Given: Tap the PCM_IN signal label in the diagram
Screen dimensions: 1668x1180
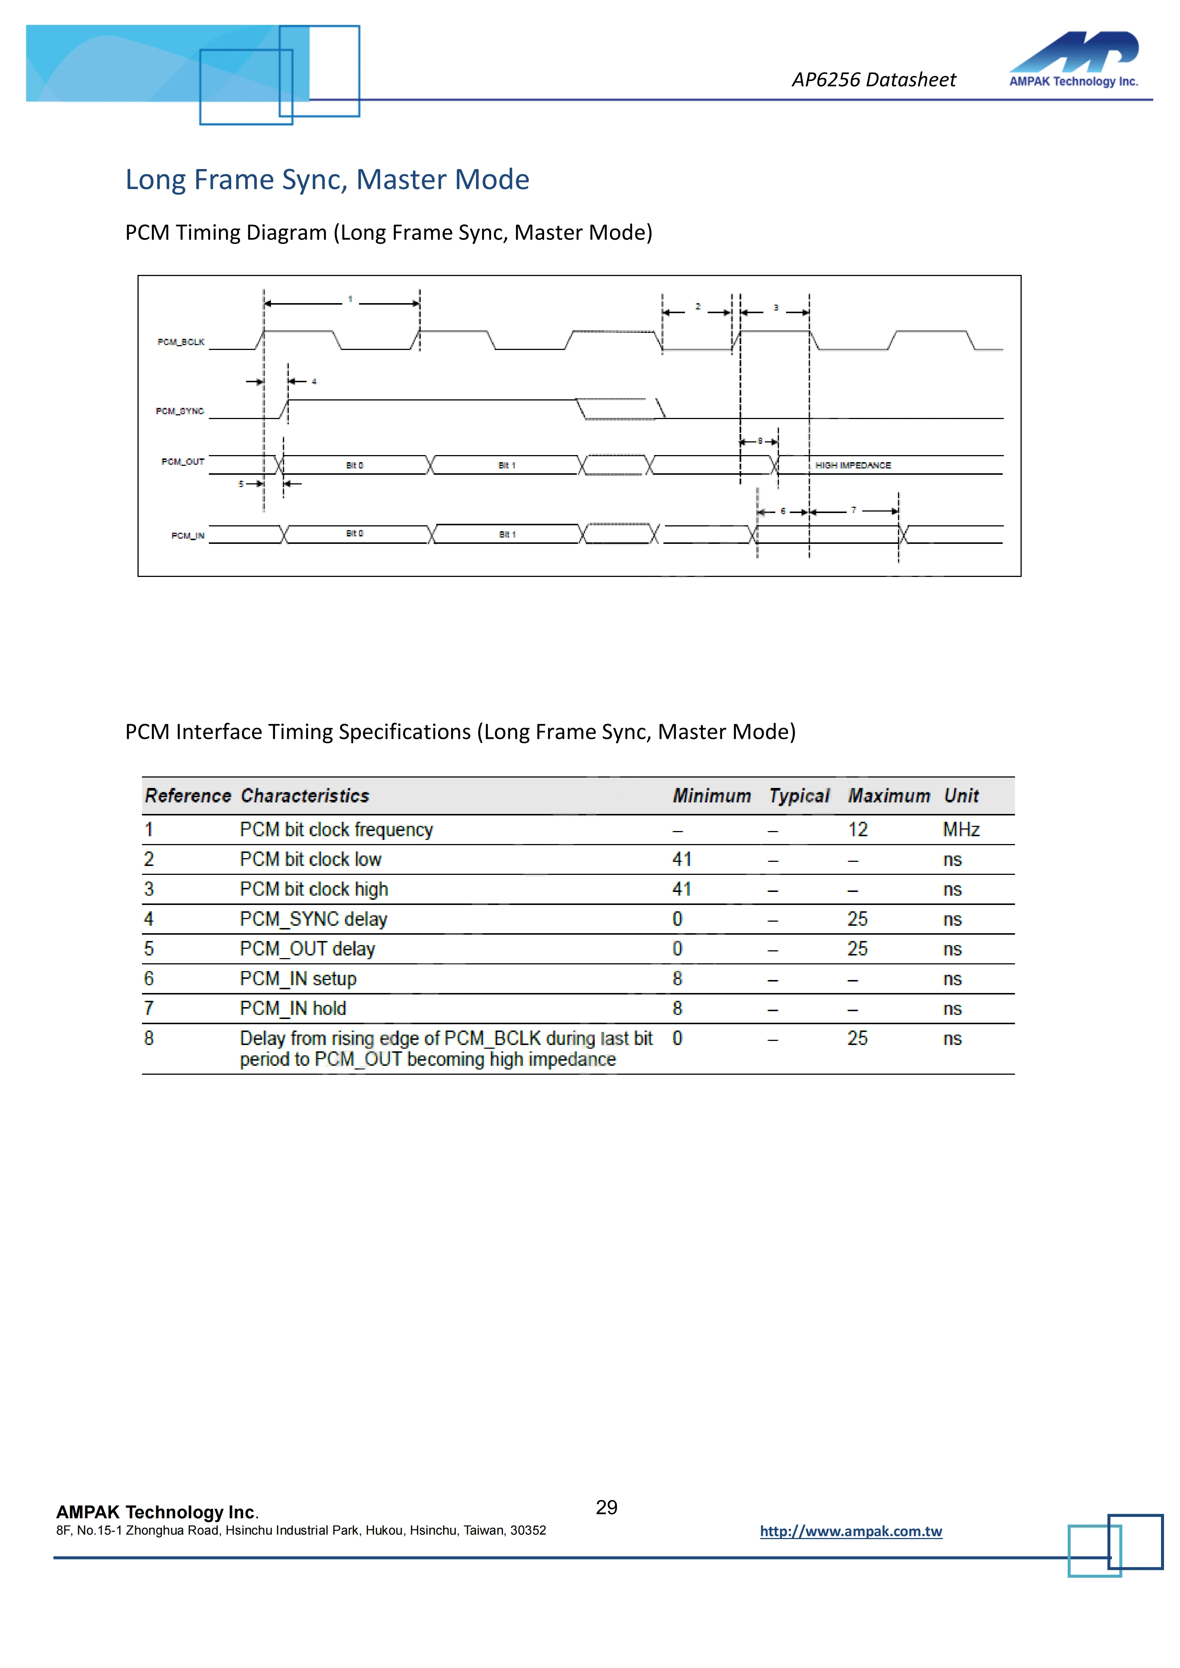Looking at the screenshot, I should point(187,536).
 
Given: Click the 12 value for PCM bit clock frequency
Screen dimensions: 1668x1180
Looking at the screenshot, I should point(857,830).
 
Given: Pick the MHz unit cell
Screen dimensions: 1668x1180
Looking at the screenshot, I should point(961,830).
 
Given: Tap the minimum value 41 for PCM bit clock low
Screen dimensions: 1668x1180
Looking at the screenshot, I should point(682,859).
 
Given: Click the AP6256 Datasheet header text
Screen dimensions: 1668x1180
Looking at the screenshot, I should point(873,80).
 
